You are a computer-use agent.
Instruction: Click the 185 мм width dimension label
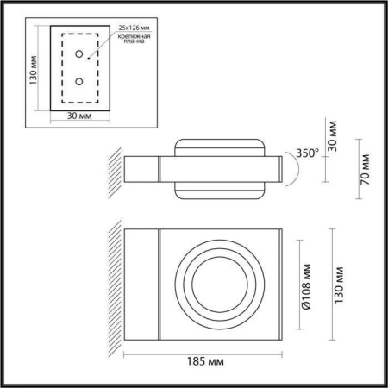pos(205,361)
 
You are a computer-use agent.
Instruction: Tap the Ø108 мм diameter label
pos(306,286)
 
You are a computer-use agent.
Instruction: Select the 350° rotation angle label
pos(307,153)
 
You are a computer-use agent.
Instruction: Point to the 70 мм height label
pos(366,169)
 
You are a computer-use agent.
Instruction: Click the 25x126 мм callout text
pos(134,28)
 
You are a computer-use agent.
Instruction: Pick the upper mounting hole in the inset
pos(79,53)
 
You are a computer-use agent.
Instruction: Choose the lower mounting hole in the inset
pos(79,82)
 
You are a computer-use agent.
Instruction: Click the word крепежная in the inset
pos(134,36)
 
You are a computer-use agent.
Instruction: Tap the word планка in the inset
pos(134,41)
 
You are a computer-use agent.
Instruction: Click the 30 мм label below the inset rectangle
pos(79,116)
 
